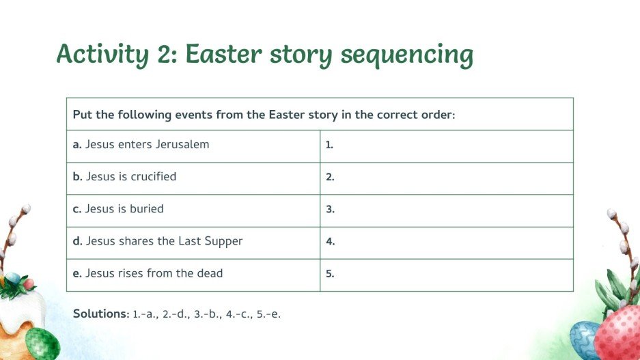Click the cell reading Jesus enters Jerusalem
coord(141,145)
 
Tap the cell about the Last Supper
coord(157,241)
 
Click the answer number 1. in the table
coord(329,146)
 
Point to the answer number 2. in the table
coord(330,178)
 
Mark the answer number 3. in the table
coord(330,210)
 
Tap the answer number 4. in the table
coord(330,242)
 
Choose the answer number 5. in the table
coord(330,274)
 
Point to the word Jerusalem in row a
coord(182,145)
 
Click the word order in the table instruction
coord(437,114)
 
